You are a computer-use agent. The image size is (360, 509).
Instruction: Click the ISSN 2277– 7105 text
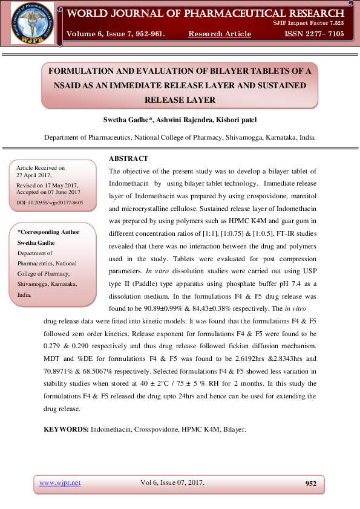314,34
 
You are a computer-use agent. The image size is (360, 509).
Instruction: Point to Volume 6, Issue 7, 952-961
115,34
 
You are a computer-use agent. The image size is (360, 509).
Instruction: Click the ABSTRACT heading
128,158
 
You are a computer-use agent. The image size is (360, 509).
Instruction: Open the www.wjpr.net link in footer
60,482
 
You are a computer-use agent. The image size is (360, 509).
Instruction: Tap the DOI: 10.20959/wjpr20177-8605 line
50,203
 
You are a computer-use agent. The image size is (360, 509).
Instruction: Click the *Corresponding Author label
48,232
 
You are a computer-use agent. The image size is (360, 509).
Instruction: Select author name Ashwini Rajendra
195,120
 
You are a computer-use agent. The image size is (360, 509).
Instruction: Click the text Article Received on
41,167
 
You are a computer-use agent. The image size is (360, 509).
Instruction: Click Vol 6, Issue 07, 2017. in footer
172,482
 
